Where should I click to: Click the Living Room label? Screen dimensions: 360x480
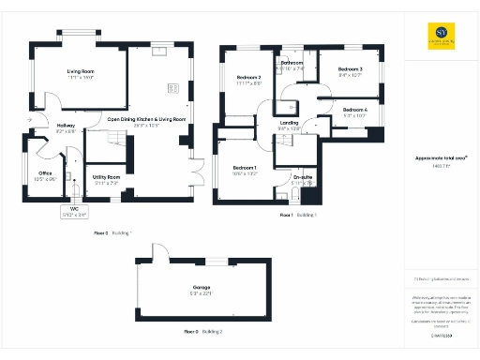click(82, 74)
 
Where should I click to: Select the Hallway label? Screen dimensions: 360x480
click(66, 128)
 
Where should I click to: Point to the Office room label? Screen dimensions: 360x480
click(45, 175)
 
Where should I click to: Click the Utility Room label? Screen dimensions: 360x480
click(106, 179)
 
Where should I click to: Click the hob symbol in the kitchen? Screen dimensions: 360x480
click(173, 88)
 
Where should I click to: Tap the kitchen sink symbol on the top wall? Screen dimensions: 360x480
click(159, 51)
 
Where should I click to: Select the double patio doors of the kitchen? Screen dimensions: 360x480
click(196, 170)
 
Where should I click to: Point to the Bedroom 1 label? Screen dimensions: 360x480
click(246, 171)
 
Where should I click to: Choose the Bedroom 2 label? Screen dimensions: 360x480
click(248, 80)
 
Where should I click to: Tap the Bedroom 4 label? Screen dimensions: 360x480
click(354, 112)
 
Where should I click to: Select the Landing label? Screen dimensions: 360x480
click(290, 126)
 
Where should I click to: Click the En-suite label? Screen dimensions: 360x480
click(302, 179)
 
